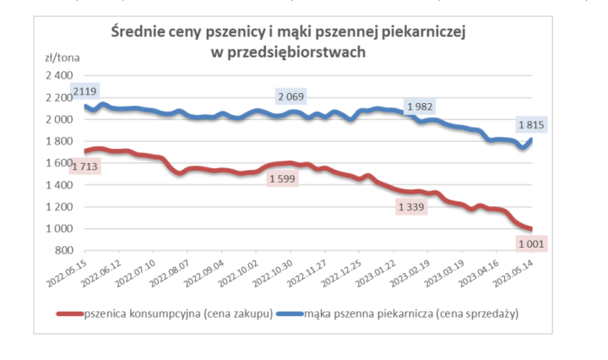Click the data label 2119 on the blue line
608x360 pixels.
click(x=85, y=91)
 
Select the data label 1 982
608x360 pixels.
click(x=421, y=106)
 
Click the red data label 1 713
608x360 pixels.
click(x=84, y=166)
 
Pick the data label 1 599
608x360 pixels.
click(x=283, y=178)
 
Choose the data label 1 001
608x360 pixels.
click(x=530, y=243)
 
